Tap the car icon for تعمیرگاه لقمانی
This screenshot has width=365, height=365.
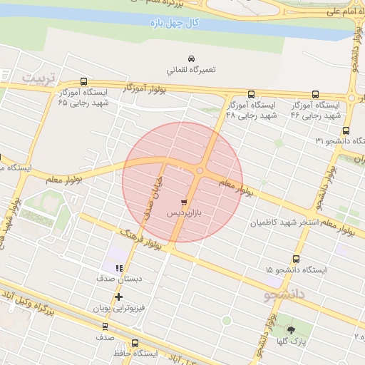[x=191, y=58]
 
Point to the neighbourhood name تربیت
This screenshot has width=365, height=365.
[x=38, y=77]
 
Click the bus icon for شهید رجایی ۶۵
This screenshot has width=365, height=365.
[x=85, y=81]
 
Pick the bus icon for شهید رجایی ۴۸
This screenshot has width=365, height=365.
[x=251, y=94]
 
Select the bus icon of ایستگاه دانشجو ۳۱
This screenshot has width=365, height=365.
[x=346, y=130]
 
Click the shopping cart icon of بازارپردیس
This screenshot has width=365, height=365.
[x=185, y=202]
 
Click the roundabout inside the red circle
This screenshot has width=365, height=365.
[x=200, y=171]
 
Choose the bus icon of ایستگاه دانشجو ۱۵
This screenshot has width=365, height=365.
[x=296, y=259]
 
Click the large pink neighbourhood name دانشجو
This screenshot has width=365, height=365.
[x=284, y=293]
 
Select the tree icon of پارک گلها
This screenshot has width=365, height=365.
[x=291, y=330]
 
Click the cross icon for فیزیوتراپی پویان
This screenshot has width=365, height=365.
[x=118, y=297]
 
